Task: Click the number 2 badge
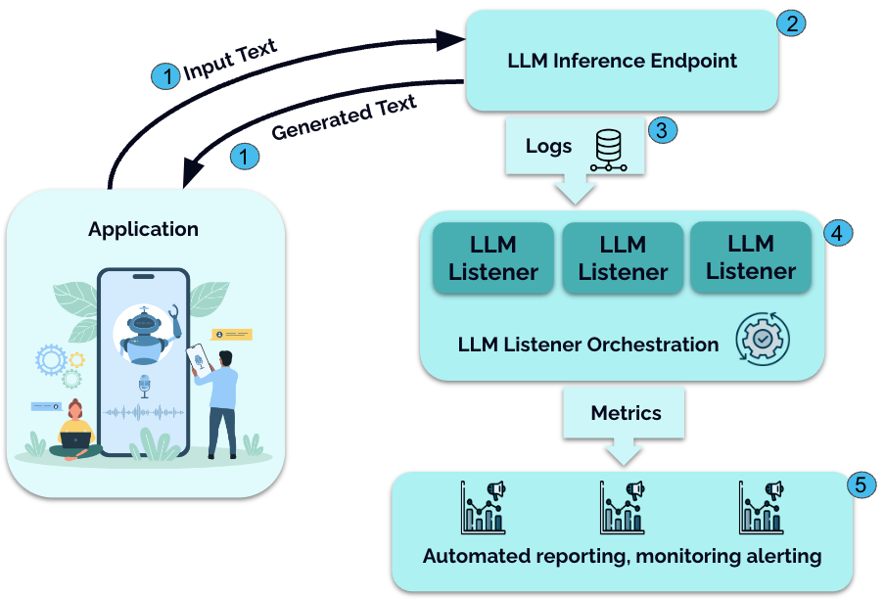tap(790, 23)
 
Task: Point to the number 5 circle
tap(860, 484)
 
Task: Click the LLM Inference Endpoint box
tap(622, 61)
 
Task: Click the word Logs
tap(548, 147)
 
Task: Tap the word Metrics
tap(626, 413)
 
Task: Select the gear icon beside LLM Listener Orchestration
tap(763, 341)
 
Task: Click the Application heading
tap(143, 230)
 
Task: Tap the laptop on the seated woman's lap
tap(75, 440)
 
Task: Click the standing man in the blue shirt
tap(224, 401)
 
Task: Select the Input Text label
tap(230, 61)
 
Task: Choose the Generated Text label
tap(344, 116)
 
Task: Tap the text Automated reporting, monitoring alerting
tap(622, 556)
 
